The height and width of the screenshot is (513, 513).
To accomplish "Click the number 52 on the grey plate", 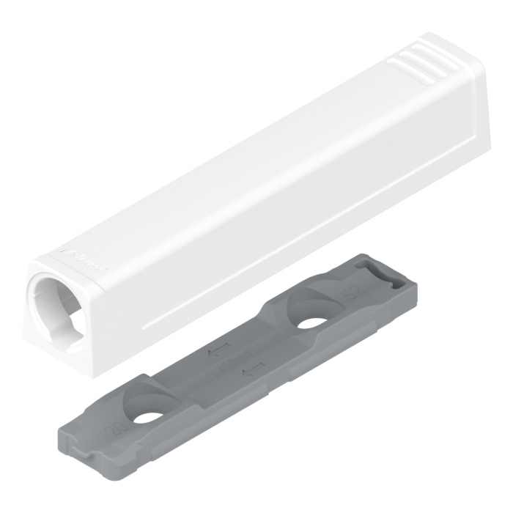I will click(354, 292).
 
